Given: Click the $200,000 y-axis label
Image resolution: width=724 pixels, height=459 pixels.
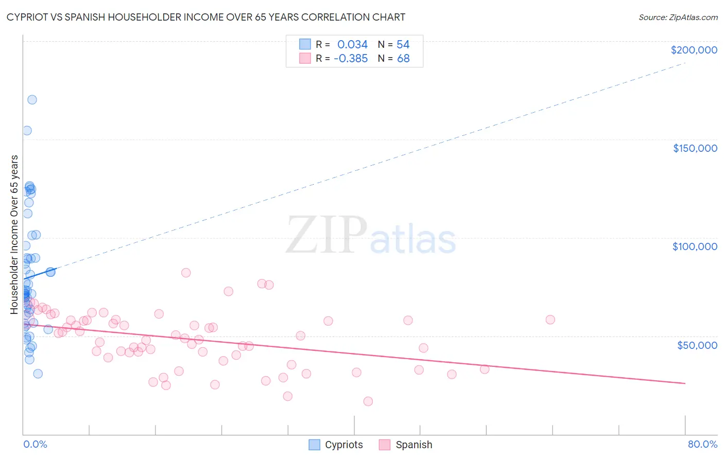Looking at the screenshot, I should tap(694, 50).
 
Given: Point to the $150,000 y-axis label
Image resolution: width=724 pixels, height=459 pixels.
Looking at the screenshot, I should tap(695, 148).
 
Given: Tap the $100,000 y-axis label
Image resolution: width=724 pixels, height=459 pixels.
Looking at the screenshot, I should tap(695, 246).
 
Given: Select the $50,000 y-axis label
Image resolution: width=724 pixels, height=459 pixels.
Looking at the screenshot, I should tap(697, 345).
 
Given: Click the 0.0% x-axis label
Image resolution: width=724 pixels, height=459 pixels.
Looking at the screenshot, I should tap(35, 444).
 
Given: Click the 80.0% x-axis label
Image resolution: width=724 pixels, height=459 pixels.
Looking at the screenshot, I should tap(702, 444).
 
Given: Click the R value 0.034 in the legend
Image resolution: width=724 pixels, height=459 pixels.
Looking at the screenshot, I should tap(352, 45).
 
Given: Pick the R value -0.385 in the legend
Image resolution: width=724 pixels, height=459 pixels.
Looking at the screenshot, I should tap(351, 59).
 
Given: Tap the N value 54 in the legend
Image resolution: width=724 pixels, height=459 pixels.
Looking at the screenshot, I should tap(403, 45).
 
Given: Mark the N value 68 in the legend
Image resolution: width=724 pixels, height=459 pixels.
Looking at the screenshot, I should tap(403, 59).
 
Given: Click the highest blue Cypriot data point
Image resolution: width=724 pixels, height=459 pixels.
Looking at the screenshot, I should tap(32, 100).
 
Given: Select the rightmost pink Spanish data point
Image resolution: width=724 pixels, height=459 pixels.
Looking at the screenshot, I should tap(550, 320).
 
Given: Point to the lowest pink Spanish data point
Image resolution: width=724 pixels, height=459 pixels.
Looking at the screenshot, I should tap(368, 401).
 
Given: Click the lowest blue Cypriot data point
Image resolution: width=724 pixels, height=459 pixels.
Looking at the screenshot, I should tap(38, 374).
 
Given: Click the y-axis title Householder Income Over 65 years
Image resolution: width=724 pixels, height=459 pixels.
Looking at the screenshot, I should tap(14, 234).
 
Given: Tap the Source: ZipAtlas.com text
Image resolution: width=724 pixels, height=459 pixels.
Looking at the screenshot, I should tap(678, 17).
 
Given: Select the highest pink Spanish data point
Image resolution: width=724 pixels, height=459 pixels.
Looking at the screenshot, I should tap(186, 273).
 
